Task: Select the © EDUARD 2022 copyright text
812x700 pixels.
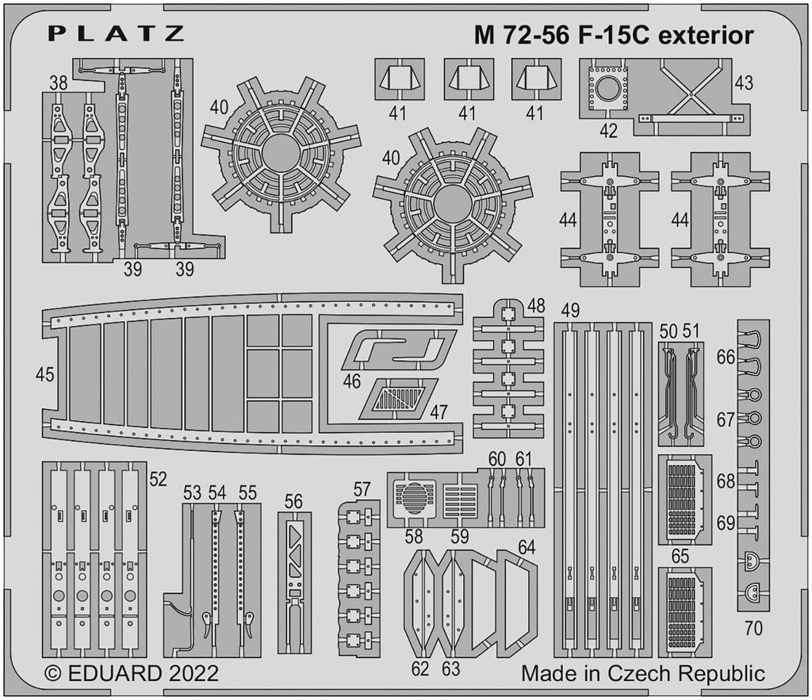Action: (131, 674)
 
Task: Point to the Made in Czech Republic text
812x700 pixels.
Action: (643, 674)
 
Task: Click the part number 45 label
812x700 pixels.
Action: (44, 374)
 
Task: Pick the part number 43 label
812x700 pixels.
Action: (743, 82)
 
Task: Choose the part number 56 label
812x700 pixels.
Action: (293, 501)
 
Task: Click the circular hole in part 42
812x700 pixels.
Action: (607, 89)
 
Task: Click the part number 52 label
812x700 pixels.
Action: (158, 478)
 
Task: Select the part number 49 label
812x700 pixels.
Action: (569, 310)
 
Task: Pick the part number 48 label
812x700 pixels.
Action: (536, 306)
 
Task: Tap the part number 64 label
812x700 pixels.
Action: (526, 547)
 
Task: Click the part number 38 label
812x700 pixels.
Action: (57, 82)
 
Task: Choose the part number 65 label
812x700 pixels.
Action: (680, 557)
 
